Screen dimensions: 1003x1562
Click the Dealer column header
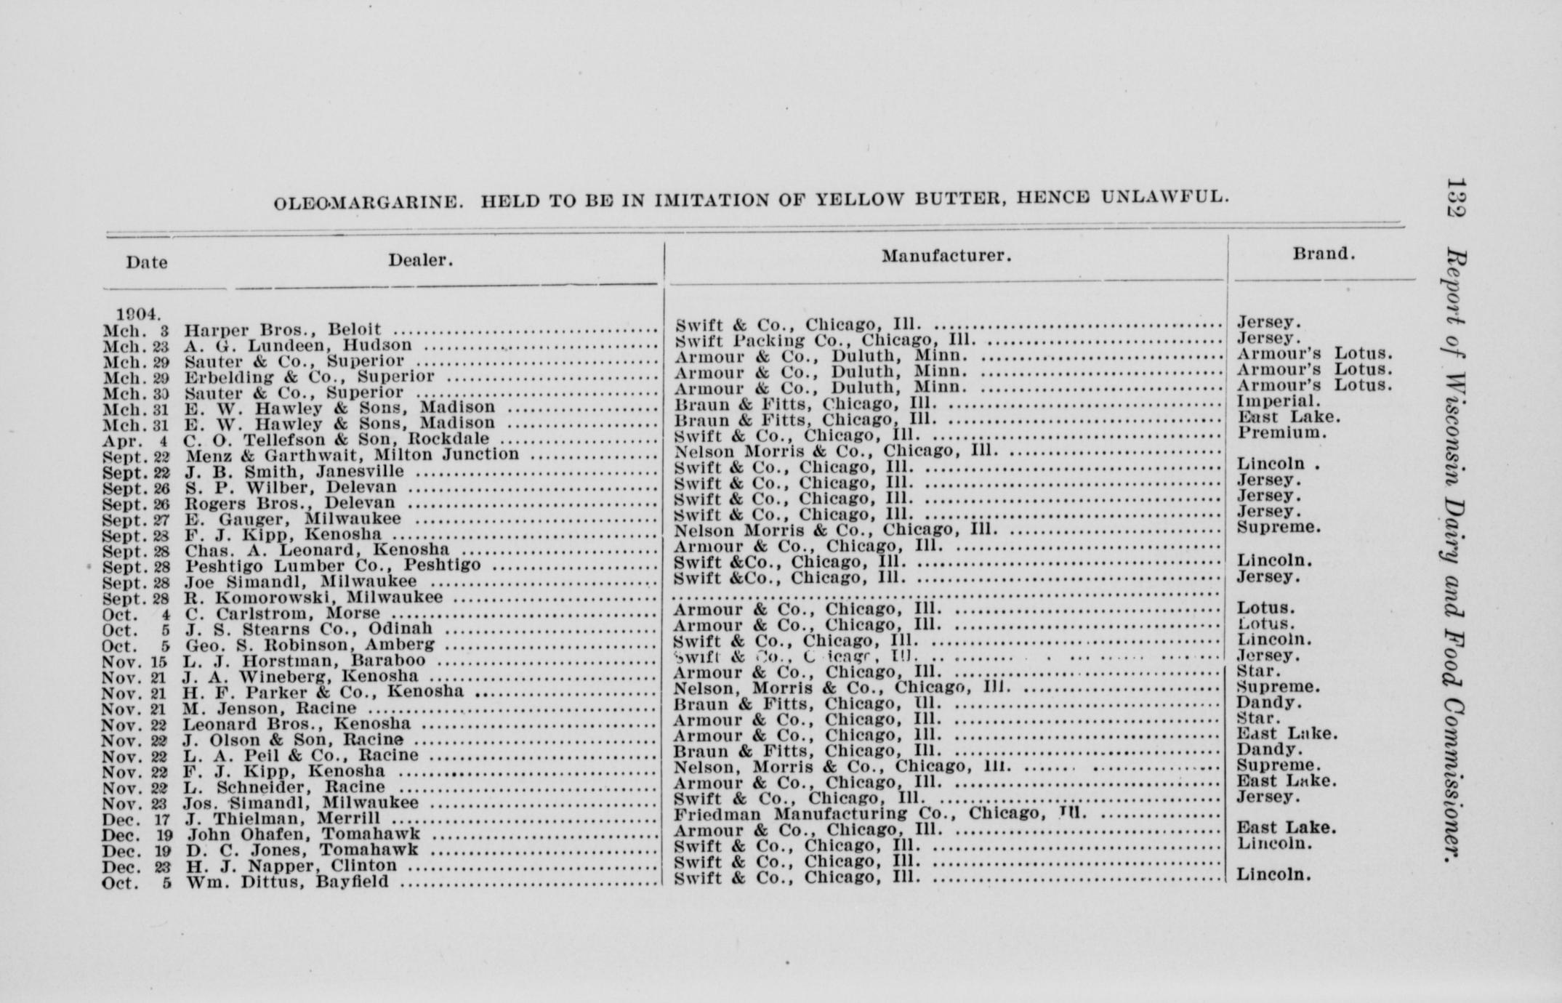(420, 260)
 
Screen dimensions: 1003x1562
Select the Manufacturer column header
(946, 256)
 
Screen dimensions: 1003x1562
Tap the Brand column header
(1324, 254)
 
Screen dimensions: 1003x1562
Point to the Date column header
(146, 262)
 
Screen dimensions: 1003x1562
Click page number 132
(1456, 198)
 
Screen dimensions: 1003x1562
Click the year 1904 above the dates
(138, 314)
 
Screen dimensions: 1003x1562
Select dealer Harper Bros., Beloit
(283, 329)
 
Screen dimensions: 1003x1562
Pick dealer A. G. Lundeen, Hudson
(298, 345)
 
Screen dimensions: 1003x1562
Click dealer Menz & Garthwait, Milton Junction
(353, 455)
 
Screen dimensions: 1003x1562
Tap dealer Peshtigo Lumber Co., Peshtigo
(332, 565)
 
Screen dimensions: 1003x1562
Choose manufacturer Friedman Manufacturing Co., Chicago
(879, 813)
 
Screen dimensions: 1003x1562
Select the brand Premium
(1282, 432)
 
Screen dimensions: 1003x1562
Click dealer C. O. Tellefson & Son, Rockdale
(336, 440)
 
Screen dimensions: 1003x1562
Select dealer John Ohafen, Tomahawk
(303, 834)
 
